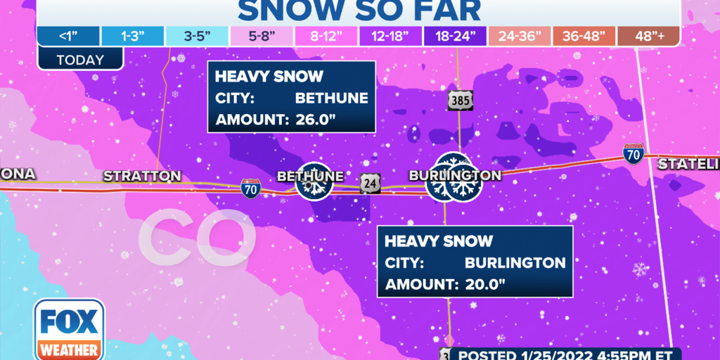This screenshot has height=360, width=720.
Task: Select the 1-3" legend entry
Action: click(x=132, y=36)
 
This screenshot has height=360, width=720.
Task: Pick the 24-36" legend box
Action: click(x=519, y=36)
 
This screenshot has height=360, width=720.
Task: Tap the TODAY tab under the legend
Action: click(x=80, y=60)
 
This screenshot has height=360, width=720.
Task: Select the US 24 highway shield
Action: click(x=370, y=183)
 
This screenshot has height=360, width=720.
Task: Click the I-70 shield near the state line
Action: click(x=633, y=154)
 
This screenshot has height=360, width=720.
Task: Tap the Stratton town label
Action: click(x=142, y=176)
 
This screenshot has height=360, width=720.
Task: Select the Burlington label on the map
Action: click(x=456, y=175)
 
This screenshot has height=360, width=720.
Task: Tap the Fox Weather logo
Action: click(x=69, y=330)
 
